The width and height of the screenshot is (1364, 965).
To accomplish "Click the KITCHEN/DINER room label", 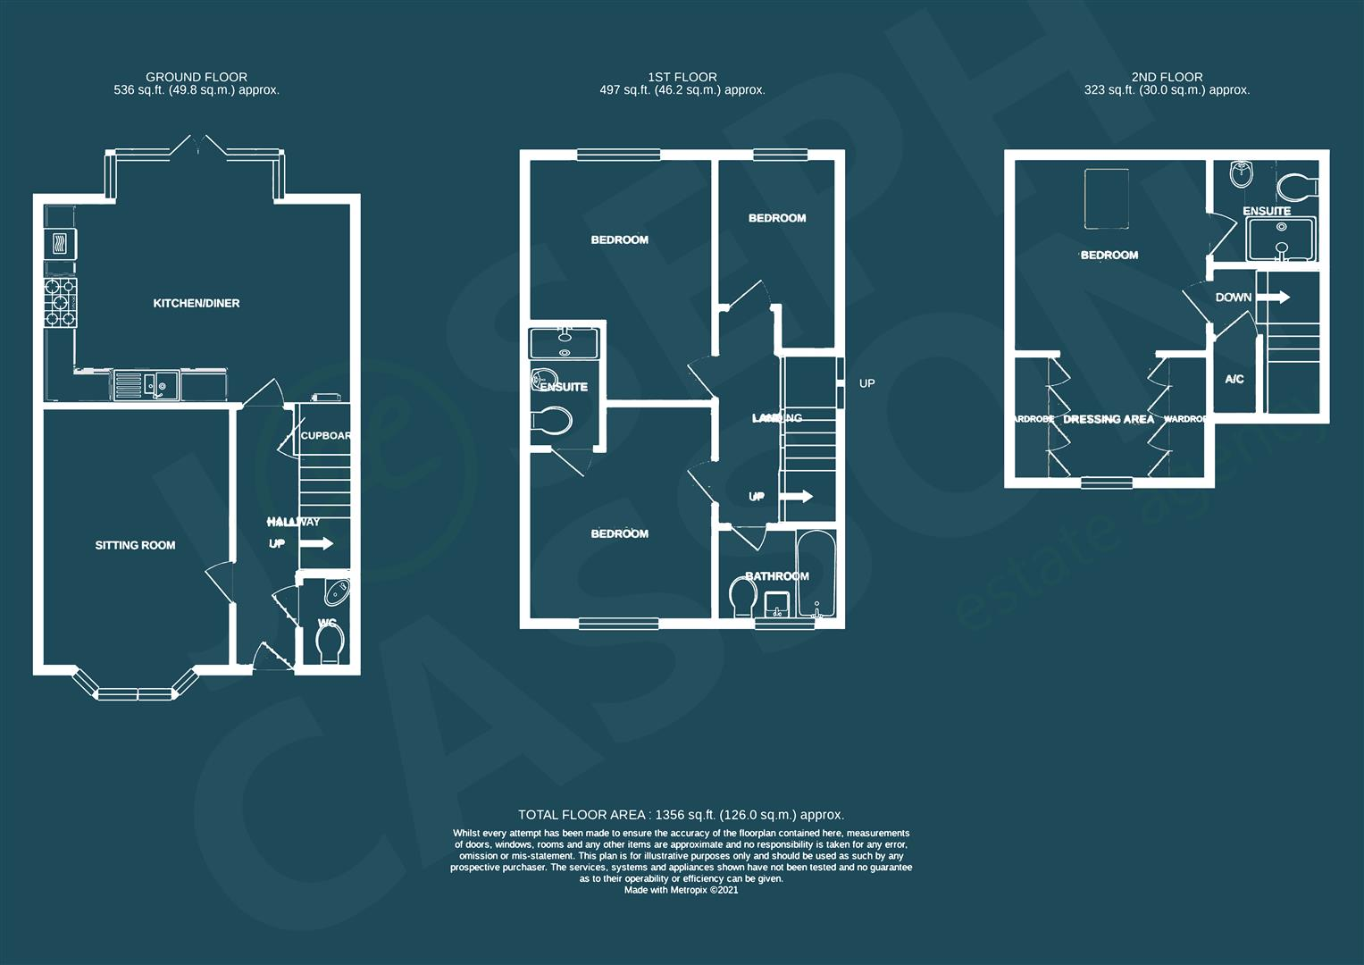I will pos(197,304).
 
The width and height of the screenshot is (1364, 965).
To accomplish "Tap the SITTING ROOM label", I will pos(135,545).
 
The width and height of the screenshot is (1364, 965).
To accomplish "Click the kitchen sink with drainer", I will pos(146,385).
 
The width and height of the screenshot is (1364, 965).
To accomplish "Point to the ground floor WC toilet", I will pos(331,643).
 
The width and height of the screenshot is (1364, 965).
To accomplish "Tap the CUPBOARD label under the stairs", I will pos(325,436).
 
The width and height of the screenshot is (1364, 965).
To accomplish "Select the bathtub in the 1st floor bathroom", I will pos(816,575).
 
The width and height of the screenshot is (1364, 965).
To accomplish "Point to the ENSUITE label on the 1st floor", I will pos(564,387).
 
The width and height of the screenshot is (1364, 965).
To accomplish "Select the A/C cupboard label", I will pos(1234,380).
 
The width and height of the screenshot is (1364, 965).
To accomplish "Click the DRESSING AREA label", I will pos(1109,419).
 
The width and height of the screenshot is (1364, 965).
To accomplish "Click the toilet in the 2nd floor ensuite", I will pos(1296,188).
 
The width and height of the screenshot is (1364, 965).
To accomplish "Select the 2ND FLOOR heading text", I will pos(1167,78).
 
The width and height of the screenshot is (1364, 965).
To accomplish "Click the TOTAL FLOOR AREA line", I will pos(681,815).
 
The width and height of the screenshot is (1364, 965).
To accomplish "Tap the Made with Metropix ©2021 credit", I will pos(681,890).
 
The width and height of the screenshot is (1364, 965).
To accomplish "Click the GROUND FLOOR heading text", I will pos(197,78).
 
